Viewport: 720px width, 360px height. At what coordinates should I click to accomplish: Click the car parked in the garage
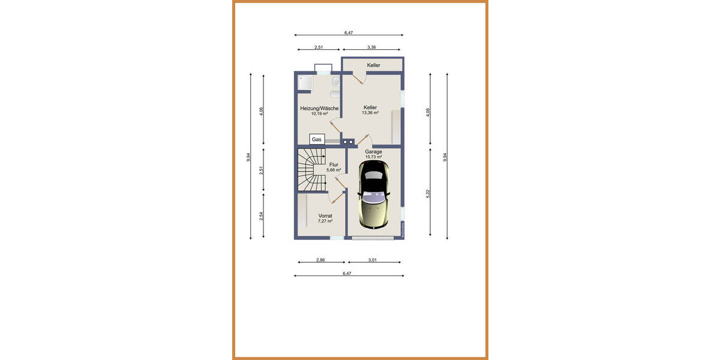tap(374, 195)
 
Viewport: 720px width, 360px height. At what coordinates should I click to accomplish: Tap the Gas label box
tap(316, 139)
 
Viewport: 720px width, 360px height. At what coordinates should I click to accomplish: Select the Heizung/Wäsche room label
tap(319, 109)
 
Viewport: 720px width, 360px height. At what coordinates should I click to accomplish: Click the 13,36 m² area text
tap(370, 113)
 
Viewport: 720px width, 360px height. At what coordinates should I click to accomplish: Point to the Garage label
tap(373, 152)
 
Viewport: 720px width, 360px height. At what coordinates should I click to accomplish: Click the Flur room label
tap(334, 165)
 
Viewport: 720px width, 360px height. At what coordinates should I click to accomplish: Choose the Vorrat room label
tap(325, 215)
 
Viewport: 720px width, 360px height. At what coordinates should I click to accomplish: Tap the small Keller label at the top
tap(373, 65)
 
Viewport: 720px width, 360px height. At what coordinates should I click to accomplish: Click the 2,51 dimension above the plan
tap(319, 47)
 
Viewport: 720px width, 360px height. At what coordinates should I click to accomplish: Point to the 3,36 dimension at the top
tap(371, 47)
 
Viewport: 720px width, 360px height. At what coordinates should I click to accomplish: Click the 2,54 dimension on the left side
tap(261, 217)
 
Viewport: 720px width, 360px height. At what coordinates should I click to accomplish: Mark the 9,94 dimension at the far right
tap(445, 157)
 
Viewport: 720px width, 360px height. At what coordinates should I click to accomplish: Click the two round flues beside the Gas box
tap(347, 142)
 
